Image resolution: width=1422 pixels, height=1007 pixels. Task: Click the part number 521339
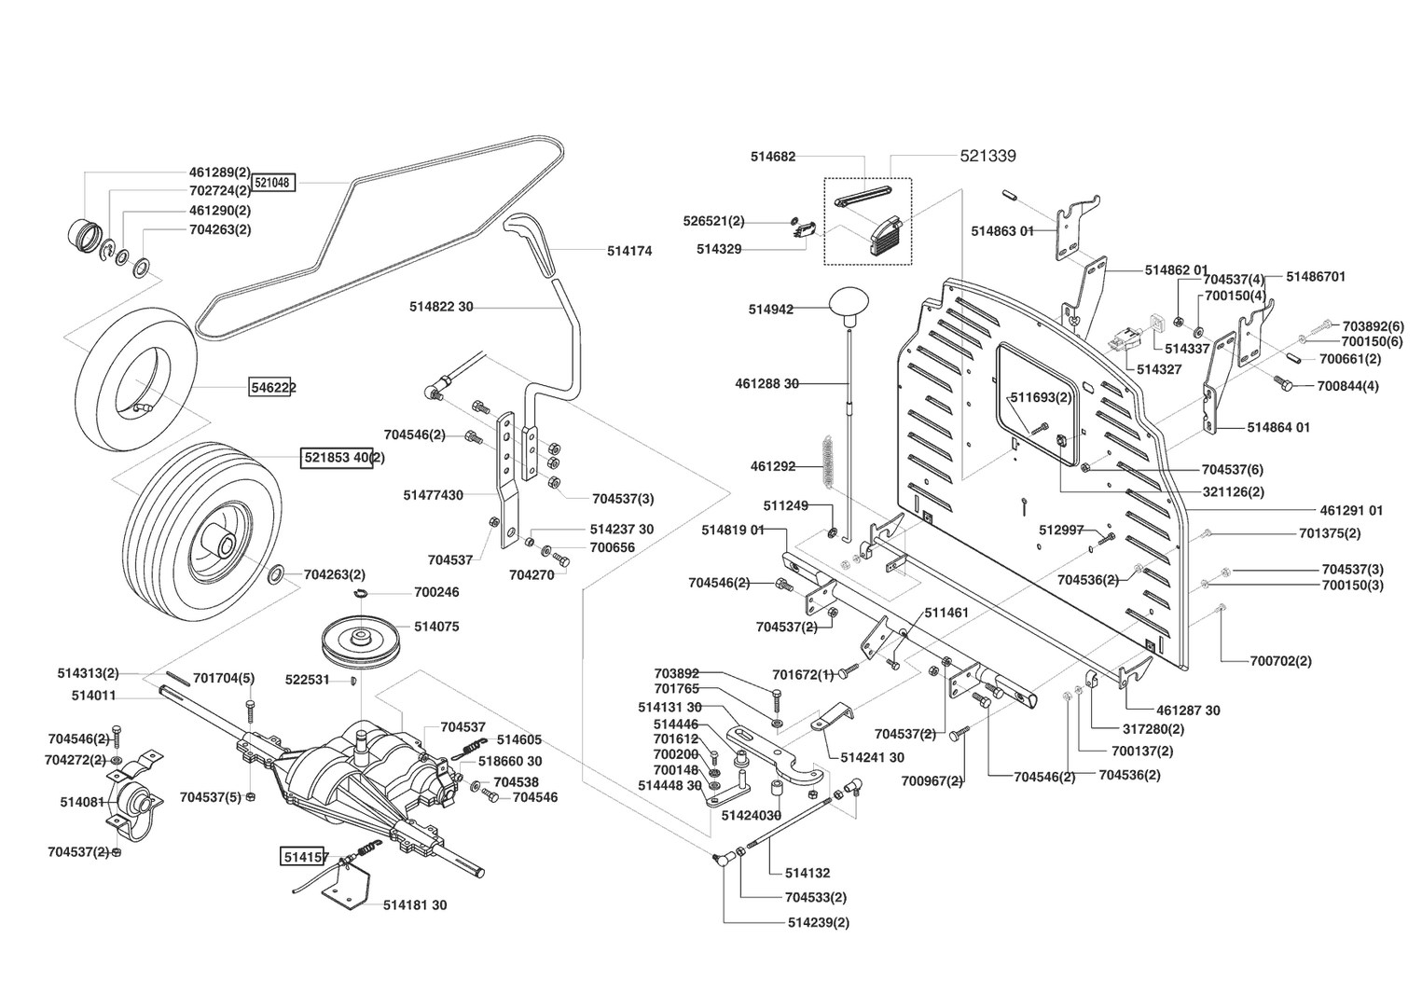pos(987,157)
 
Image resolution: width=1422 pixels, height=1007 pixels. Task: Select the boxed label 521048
pos(274,184)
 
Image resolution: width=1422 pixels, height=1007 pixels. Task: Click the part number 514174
pos(629,251)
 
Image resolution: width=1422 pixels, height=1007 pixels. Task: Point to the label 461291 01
pos(1351,510)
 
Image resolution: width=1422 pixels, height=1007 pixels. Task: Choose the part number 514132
pos(807,874)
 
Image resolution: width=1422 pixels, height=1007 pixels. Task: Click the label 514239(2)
pos(818,923)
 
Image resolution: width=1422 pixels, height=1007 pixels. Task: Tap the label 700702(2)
pos(1280,661)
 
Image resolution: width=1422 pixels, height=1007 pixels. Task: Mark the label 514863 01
pos(1002,230)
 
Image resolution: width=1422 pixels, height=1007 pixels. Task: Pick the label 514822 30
pos(441,307)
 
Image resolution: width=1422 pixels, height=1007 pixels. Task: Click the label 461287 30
pos(1188,710)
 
